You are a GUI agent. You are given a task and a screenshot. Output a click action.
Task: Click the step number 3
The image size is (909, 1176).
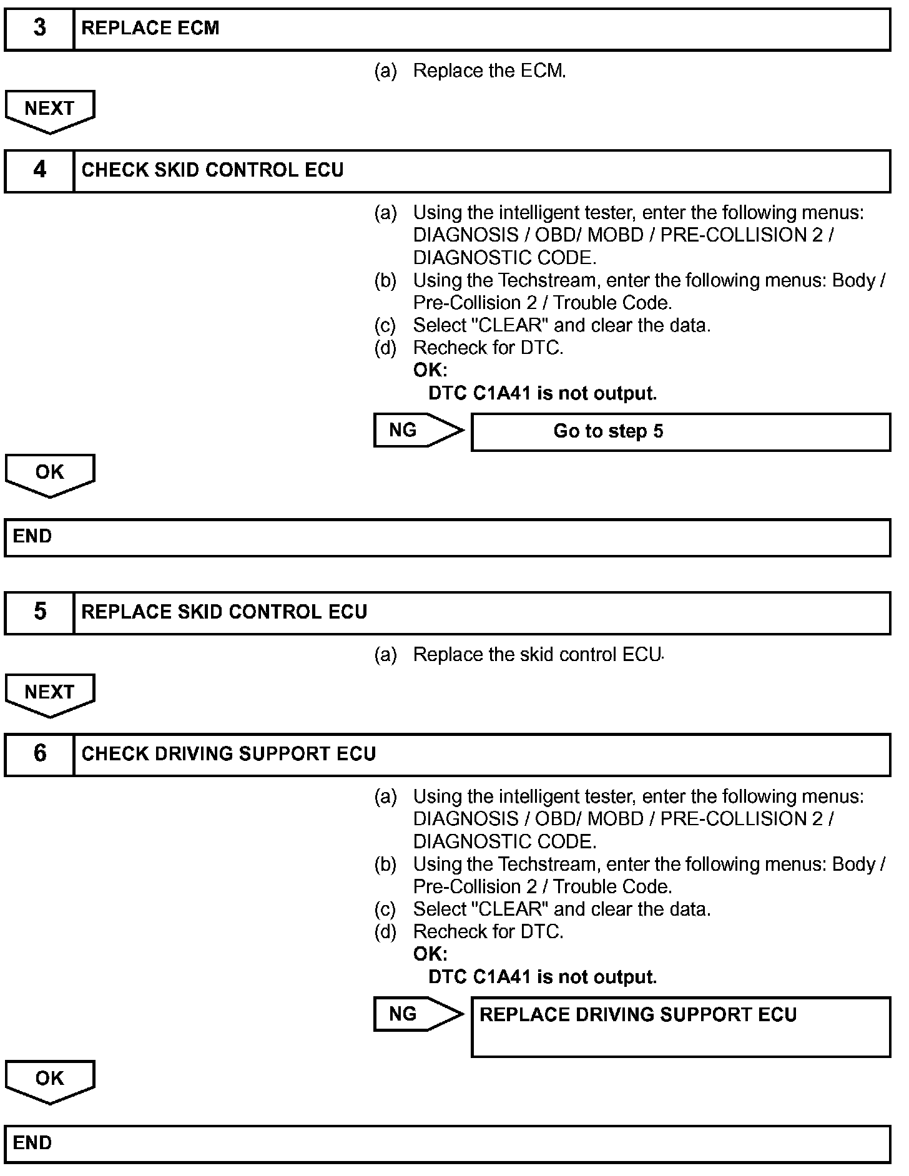tap(39, 28)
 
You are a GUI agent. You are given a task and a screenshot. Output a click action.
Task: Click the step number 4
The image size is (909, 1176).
tap(39, 170)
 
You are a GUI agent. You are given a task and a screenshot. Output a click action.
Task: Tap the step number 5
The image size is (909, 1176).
tap(39, 612)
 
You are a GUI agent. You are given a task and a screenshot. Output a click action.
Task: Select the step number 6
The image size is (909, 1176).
tap(39, 753)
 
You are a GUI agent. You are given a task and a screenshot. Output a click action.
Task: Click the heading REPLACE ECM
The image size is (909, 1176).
tap(150, 28)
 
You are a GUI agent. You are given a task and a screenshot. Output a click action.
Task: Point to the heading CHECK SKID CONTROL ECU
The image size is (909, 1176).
tap(212, 170)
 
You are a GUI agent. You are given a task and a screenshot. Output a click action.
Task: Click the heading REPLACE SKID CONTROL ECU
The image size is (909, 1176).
tap(224, 612)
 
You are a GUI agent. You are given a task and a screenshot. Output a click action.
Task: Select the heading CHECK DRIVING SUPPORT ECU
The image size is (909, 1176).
tap(228, 753)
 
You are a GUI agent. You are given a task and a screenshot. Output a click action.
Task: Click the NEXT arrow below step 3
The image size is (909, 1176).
tap(49, 110)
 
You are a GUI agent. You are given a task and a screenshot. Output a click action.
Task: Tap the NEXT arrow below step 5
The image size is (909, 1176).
tap(49, 693)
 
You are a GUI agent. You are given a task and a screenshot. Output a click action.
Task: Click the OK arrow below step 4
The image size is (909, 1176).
tap(49, 474)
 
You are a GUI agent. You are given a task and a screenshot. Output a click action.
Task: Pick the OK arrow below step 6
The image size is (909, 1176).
tap(49, 1080)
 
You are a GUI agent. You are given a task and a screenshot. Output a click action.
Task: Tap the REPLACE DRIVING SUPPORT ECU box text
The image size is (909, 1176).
tap(637, 1015)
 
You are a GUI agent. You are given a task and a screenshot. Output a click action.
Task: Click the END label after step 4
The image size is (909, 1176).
tap(32, 536)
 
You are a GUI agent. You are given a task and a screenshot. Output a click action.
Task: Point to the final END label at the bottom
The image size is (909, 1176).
tap(32, 1143)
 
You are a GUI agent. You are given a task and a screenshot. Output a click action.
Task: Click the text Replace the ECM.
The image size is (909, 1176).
tap(489, 71)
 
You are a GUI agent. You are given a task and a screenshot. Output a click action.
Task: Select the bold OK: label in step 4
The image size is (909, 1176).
tap(430, 370)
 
